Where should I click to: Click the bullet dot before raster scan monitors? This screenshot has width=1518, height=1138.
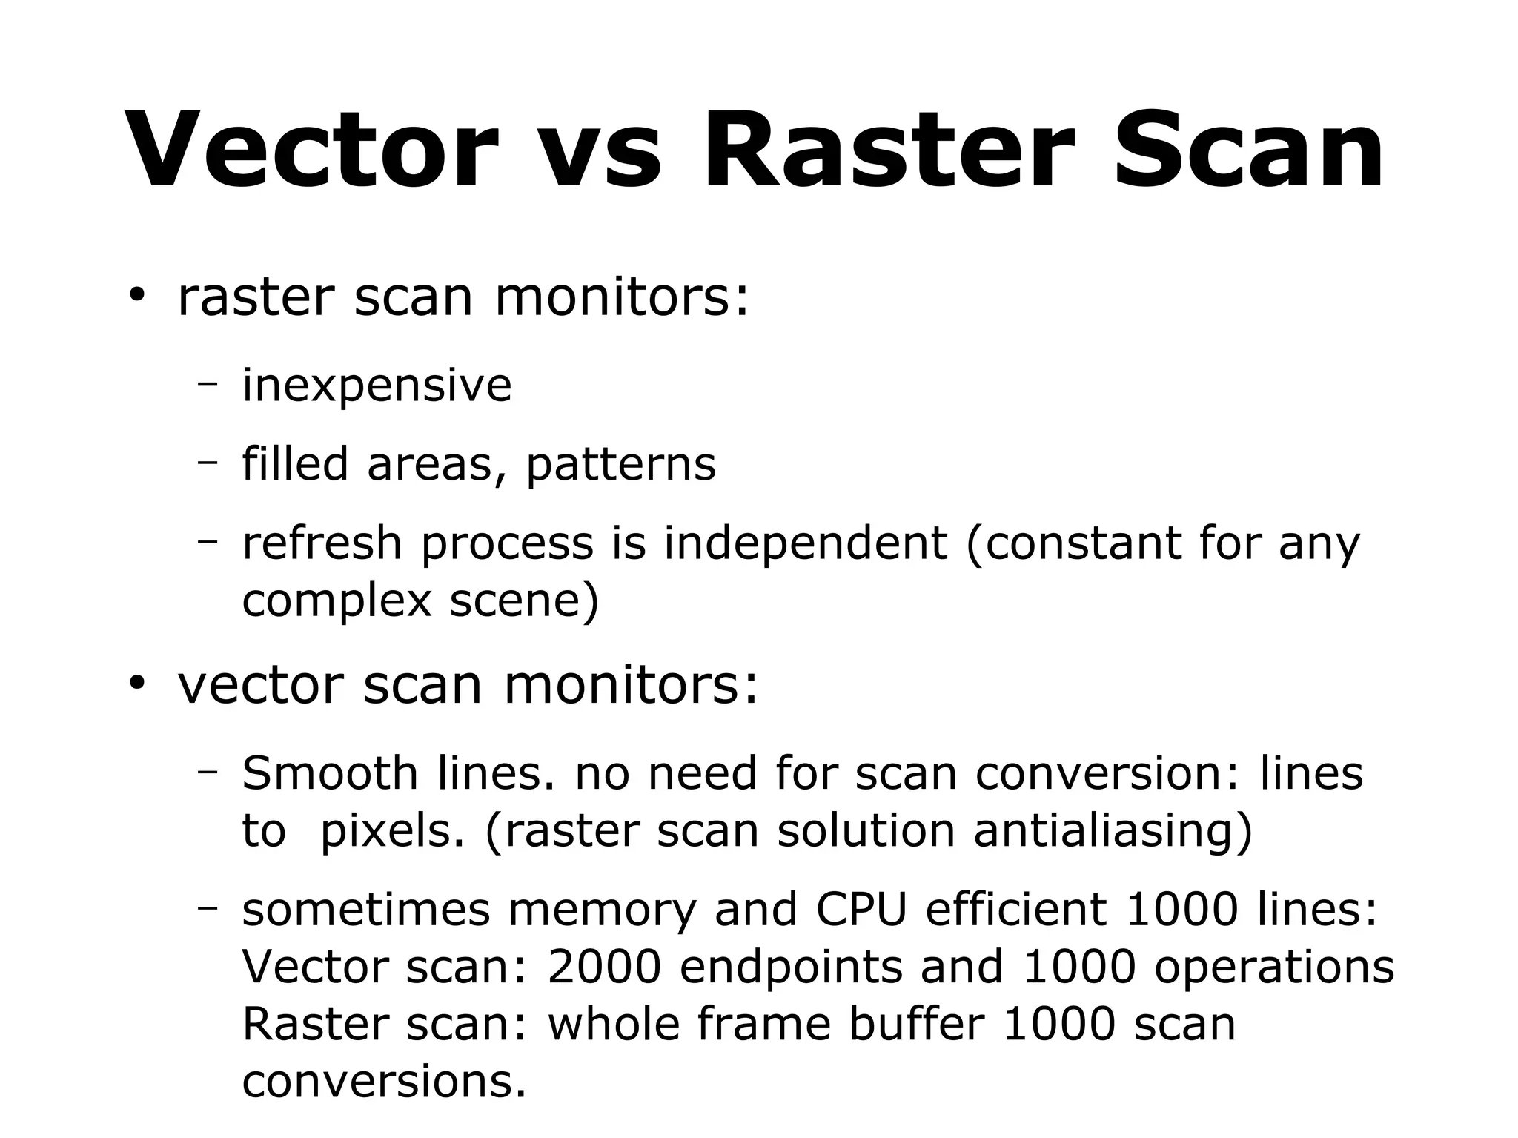point(136,295)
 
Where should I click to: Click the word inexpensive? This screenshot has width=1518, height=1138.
point(377,386)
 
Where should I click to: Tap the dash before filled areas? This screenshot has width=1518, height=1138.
point(208,461)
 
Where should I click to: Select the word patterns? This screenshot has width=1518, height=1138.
point(620,466)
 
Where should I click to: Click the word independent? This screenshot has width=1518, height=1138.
point(805,544)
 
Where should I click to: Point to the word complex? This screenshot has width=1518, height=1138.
point(337,602)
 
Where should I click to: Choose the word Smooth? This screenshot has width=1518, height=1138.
point(330,773)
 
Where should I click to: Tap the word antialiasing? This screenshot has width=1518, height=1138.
point(1112,831)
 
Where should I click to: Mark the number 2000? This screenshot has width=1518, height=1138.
point(604,967)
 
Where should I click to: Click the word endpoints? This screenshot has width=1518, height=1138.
point(791,968)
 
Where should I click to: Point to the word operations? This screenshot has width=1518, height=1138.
point(1273,968)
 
